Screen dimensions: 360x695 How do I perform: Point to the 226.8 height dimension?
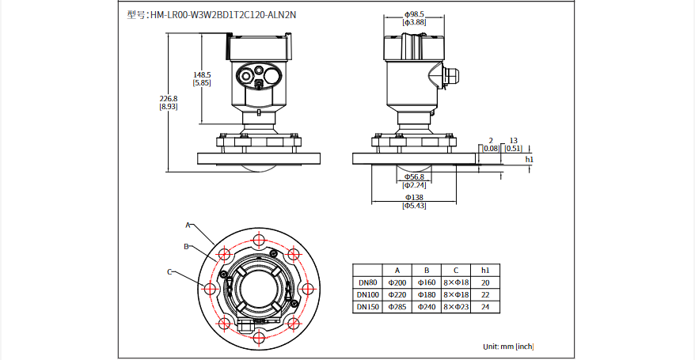(x=168, y=102)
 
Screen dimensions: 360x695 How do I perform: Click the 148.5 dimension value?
(x=202, y=78)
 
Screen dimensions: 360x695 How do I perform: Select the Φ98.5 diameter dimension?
(x=414, y=14)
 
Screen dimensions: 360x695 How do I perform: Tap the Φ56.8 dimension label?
(x=414, y=176)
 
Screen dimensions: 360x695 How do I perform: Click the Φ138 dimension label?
(x=414, y=196)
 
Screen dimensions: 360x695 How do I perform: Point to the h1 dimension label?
(x=530, y=159)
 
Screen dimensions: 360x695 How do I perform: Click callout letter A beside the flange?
(x=188, y=225)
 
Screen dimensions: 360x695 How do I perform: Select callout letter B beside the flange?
(x=186, y=247)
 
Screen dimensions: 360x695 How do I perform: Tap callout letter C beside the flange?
(x=169, y=271)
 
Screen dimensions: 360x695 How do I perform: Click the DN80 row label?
(x=367, y=282)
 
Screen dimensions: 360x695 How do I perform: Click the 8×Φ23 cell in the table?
(x=456, y=306)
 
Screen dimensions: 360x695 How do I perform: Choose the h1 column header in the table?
(x=485, y=270)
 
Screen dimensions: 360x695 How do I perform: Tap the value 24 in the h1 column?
(x=485, y=306)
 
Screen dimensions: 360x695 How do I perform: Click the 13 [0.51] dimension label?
(x=513, y=143)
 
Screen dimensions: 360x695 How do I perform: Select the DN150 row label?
(x=367, y=306)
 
